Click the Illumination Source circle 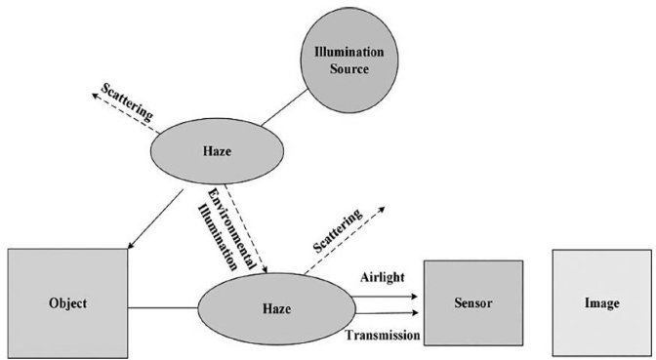point(349,60)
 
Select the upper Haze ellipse point(217,151)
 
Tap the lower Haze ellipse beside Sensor point(276,309)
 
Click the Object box point(67,303)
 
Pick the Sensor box point(473,302)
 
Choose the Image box point(602,303)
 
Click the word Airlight point(383,278)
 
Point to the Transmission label point(383,335)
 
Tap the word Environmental point(231,229)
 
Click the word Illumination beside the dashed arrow point(217,237)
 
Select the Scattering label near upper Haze point(127,101)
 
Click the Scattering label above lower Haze point(338,230)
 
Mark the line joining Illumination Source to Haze point(285,107)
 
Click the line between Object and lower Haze point(163,308)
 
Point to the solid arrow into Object point(155,220)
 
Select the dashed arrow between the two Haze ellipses point(246,228)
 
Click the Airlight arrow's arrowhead point(414,297)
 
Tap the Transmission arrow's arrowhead point(415,313)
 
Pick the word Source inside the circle point(349,68)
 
